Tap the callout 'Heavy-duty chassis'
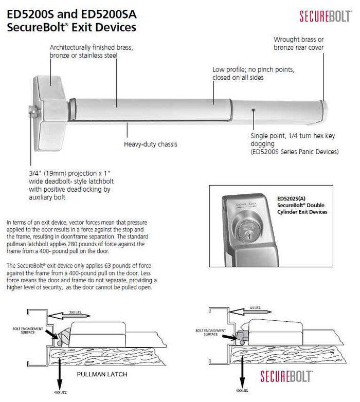pos(150,144)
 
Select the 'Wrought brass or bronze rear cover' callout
pos(299,43)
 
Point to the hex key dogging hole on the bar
pos(253,109)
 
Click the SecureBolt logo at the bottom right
pos(286,376)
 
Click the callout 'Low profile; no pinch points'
pos(254,74)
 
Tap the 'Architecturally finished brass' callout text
pos(91,51)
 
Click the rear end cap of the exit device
pos(324,108)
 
